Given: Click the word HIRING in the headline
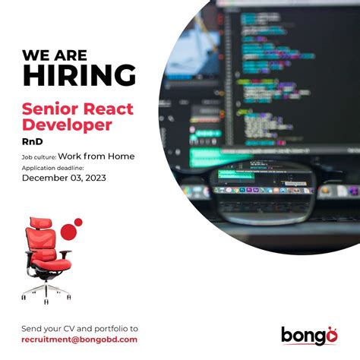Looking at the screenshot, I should tap(79, 75).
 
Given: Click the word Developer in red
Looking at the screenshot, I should tap(67, 124).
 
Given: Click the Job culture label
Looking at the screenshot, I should tap(39, 157).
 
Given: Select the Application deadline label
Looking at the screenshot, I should tap(52, 168).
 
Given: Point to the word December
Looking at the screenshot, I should tap(45, 178).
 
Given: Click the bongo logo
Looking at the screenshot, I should tap(309, 334).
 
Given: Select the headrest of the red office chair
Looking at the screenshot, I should tap(38, 225).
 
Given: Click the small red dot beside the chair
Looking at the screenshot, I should tap(78, 222).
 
